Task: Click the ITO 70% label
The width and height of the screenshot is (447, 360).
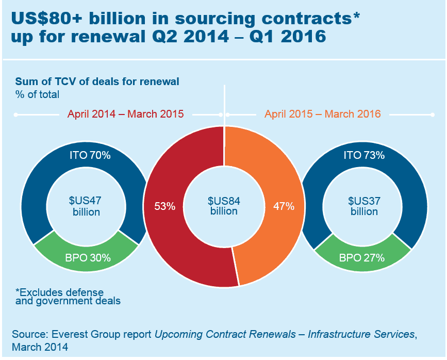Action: [86, 155]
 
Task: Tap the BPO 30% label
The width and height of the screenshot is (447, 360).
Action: [86, 257]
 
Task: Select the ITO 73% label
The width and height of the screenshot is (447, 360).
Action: [364, 155]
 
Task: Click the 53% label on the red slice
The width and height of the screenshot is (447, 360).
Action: [165, 206]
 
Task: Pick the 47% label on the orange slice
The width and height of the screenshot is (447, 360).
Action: [284, 206]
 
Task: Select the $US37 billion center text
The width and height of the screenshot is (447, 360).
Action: [364, 206]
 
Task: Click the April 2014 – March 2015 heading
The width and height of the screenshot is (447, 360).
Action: [125, 114]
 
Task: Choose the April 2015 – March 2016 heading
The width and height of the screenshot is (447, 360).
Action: [322, 114]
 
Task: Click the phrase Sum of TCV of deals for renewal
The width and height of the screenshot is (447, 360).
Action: [97, 81]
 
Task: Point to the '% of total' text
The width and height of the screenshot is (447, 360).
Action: [37, 94]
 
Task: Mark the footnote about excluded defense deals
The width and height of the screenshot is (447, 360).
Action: [68, 297]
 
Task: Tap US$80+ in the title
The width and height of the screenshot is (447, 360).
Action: [46, 19]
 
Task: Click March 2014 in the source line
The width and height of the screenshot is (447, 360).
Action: [40, 347]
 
